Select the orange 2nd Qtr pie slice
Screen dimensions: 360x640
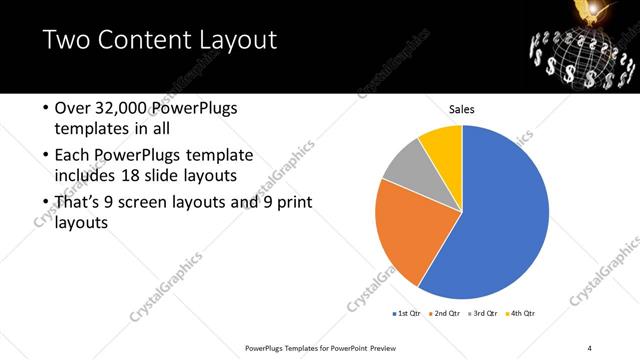click(x=405, y=235)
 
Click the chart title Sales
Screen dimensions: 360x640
click(x=461, y=110)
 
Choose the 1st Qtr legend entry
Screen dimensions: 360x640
click(x=407, y=313)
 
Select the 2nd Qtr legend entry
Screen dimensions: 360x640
click(x=444, y=313)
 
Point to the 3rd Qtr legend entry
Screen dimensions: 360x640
click(x=482, y=313)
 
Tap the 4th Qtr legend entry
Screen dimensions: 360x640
click(x=520, y=313)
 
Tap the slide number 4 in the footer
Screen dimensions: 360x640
click(x=589, y=348)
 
